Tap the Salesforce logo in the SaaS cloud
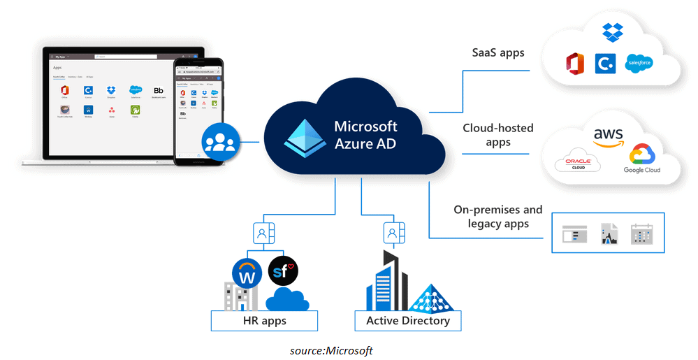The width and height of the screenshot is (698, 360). click(x=639, y=64)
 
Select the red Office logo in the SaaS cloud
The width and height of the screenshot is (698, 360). click(x=575, y=64)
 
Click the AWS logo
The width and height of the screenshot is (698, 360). click(x=608, y=136)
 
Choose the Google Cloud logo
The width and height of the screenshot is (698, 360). click(x=641, y=159)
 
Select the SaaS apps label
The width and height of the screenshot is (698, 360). click(x=498, y=52)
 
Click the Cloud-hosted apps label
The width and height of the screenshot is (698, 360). click(x=498, y=135)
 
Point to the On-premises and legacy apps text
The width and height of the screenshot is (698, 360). click(x=498, y=217)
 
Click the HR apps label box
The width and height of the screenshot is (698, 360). click(x=264, y=321)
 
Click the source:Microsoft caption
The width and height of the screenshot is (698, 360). click(x=331, y=350)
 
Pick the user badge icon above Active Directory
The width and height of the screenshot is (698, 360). click(x=393, y=232)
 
